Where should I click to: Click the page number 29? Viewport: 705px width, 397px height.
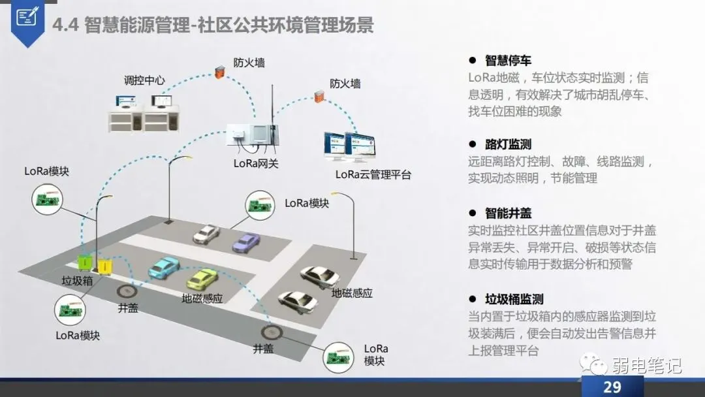612,387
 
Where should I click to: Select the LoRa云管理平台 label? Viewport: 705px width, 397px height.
373,174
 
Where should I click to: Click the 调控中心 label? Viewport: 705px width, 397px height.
144,81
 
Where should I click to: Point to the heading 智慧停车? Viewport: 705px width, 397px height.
508,61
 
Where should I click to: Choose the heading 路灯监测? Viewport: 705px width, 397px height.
508,144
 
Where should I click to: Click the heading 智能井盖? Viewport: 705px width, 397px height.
508,214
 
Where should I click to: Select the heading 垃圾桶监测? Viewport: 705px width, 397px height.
514,299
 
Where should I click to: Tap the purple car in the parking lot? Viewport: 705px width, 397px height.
246,242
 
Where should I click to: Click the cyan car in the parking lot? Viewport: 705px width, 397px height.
163,267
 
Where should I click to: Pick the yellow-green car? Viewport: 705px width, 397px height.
202,278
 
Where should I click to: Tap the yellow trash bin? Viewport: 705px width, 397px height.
104,265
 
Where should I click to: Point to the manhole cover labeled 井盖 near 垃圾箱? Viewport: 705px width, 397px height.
127,291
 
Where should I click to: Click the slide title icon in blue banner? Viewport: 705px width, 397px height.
27,18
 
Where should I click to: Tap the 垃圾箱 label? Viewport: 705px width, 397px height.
77,281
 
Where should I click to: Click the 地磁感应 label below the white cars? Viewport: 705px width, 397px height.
352,293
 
